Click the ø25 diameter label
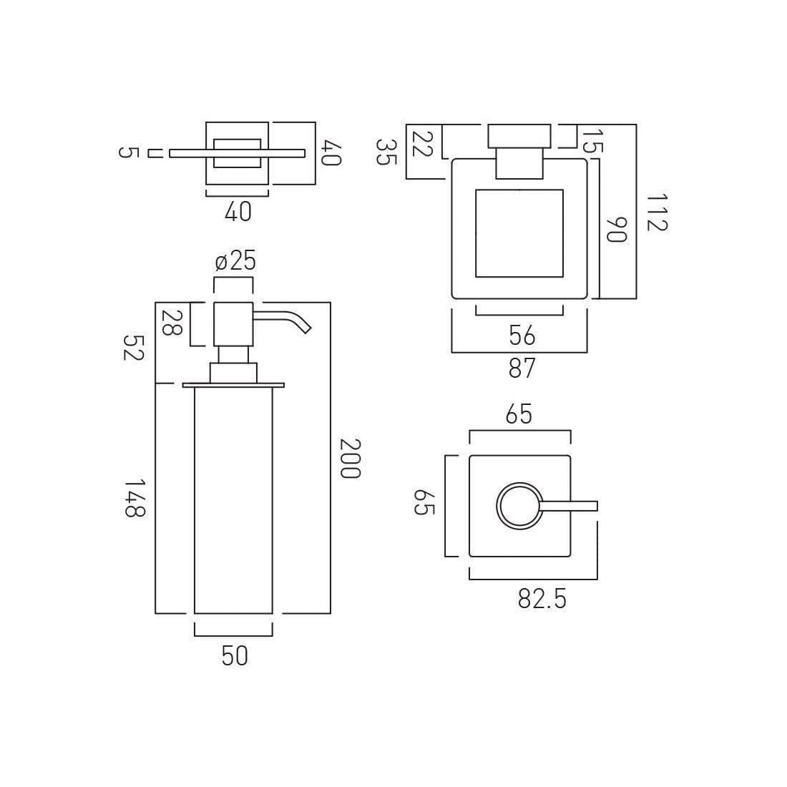coord(235,261)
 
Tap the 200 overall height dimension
coord(350,459)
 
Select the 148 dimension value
coord(135,498)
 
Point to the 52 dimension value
coord(134,347)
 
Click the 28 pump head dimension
coord(172,323)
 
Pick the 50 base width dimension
coord(235,656)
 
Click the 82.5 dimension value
coord(542,599)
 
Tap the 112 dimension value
coord(657,212)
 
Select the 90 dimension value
coord(616,230)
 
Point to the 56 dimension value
coord(522,336)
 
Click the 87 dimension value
coord(522,368)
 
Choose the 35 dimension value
coord(386,152)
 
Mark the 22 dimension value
coord(421,143)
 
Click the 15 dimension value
coord(593,142)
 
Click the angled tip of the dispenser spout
coord(305,329)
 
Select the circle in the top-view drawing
coord(519,482)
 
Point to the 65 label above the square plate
coord(519,414)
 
